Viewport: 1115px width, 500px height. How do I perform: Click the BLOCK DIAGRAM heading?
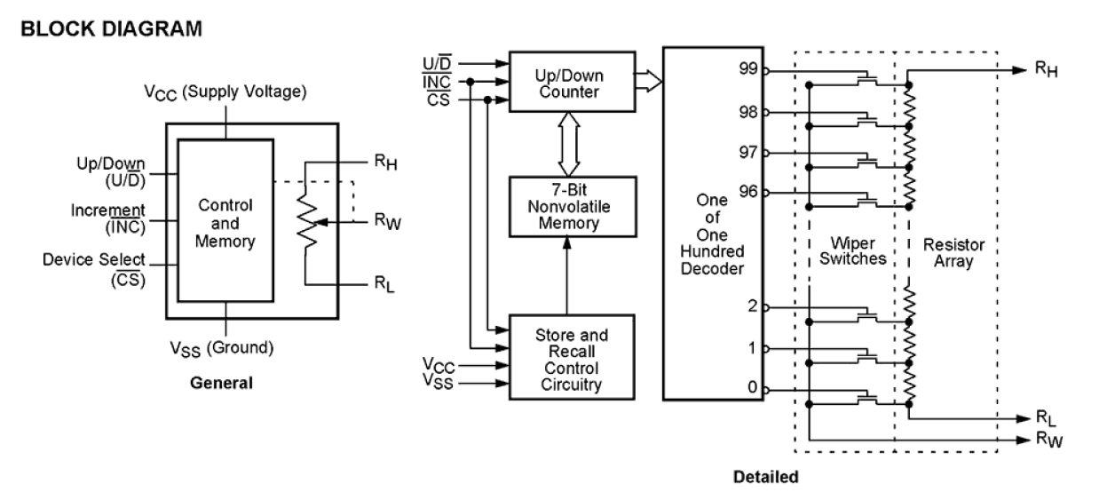[112, 29]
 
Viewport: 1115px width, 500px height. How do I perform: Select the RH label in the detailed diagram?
[1047, 68]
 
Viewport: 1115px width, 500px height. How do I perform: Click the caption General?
[222, 384]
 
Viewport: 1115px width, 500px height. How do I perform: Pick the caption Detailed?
[765, 477]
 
